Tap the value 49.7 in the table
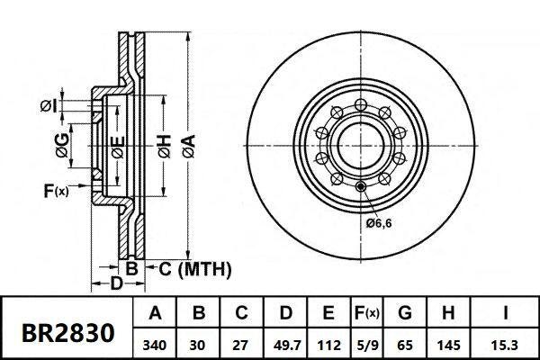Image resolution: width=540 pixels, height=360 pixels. click(x=286, y=343)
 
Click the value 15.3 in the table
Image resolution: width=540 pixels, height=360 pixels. click(x=507, y=343)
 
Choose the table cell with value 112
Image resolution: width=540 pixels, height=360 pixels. click(x=329, y=343)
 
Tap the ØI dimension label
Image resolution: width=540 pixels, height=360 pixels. click(x=49, y=108)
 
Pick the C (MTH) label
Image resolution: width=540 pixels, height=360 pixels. click(x=196, y=268)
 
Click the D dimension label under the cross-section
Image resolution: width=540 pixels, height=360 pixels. click(x=115, y=284)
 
